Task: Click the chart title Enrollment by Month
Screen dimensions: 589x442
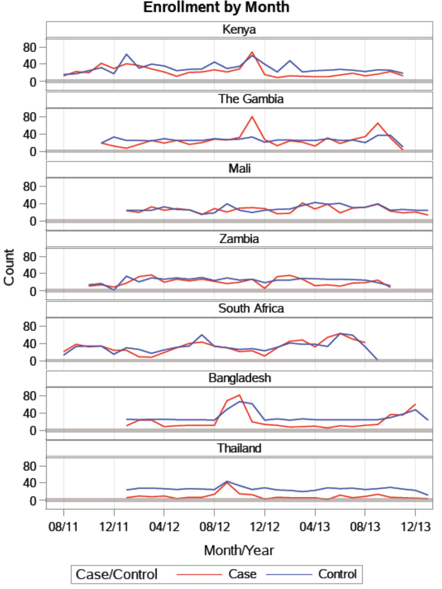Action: click(216, 7)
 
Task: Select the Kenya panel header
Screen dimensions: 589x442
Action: click(239, 30)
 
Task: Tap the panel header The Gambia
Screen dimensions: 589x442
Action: click(250, 99)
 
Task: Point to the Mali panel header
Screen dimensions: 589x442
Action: click(239, 169)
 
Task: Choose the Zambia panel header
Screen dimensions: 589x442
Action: click(239, 239)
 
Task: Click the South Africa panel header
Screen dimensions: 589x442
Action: click(251, 308)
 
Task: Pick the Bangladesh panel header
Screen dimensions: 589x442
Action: click(240, 378)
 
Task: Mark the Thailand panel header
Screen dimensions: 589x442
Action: click(239, 448)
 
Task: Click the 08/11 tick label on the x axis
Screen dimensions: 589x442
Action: click(64, 527)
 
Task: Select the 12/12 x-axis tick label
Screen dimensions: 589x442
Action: click(265, 527)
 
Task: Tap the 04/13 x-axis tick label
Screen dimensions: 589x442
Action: click(315, 527)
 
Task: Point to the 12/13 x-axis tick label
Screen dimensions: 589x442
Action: click(415, 527)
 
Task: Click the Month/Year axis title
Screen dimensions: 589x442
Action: click(239, 550)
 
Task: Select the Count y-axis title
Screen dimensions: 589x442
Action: click(9, 267)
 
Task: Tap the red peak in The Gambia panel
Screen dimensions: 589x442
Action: click(252, 117)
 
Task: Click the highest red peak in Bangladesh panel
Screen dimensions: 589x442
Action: click(239, 395)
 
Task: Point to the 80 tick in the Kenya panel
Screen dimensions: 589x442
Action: click(30, 48)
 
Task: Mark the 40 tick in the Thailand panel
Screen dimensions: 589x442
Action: click(30, 483)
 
